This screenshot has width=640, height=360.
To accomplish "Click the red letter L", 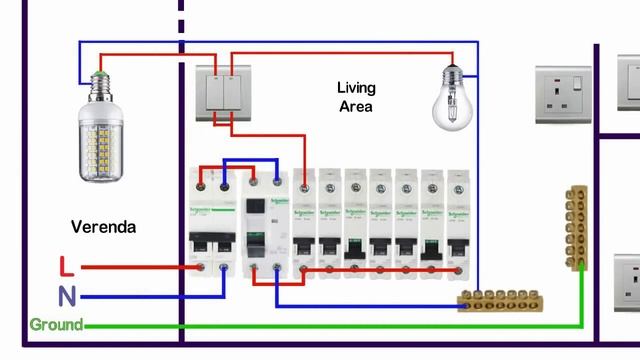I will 67,266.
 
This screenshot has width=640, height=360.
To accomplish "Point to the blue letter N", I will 67,296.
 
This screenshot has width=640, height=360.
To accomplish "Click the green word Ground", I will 56,325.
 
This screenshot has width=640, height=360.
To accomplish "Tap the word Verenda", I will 104,227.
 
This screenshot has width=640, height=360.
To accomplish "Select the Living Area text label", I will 355,97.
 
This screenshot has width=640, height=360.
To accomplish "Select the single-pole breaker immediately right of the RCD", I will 304,222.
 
